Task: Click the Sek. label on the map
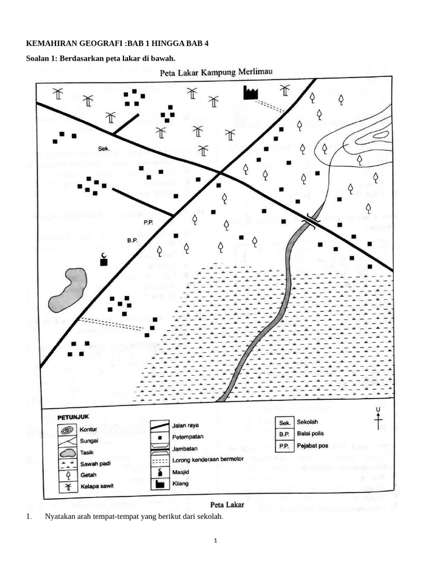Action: pyautogui.click(x=104, y=149)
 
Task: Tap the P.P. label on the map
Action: pyautogui.click(x=148, y=222)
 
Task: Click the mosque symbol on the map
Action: pyautogui.click(x=104, y=259)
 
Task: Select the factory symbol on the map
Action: pyautogui.click(x=250, y=93)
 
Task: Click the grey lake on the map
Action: pyautogui.click(x=68, y=290)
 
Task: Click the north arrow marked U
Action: pyautogui.click(x=379, y=418)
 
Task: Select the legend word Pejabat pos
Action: pyautogui.click(x=313, y=446)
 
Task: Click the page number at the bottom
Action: pyautogui.click(x=215, y=541)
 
